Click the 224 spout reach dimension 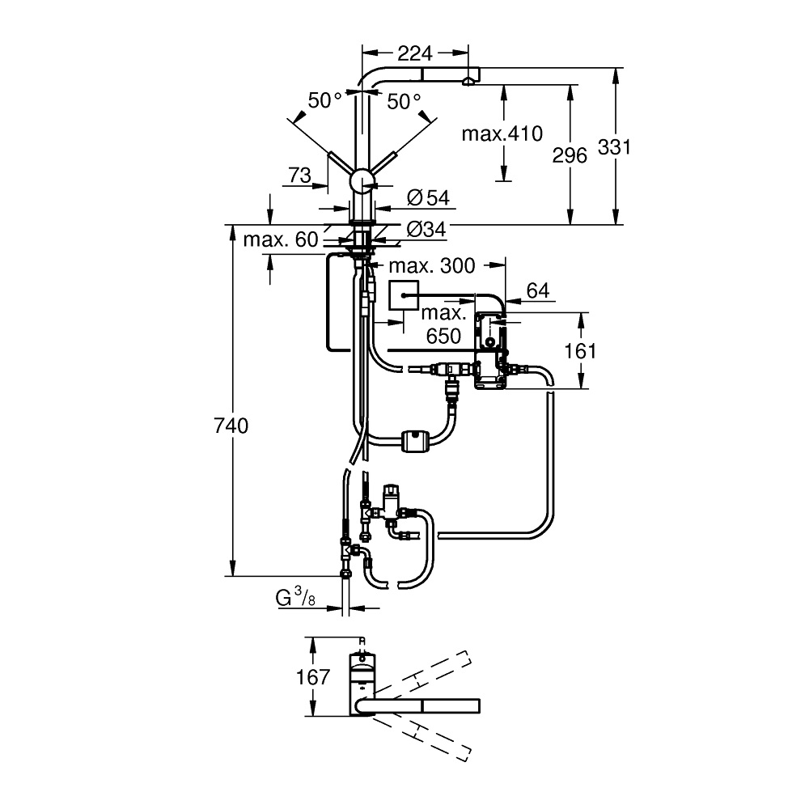tap(415, 53)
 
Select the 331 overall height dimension tap(614, 147)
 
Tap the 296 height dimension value tap(570, 155)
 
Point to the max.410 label tap(502, 134)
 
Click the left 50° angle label tap(324, 100)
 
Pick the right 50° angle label tap(404, 101)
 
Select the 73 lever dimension tap(300, 176)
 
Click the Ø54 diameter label tap(428, 197)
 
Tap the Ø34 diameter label tap(426, 229)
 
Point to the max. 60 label tap(281, 239)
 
